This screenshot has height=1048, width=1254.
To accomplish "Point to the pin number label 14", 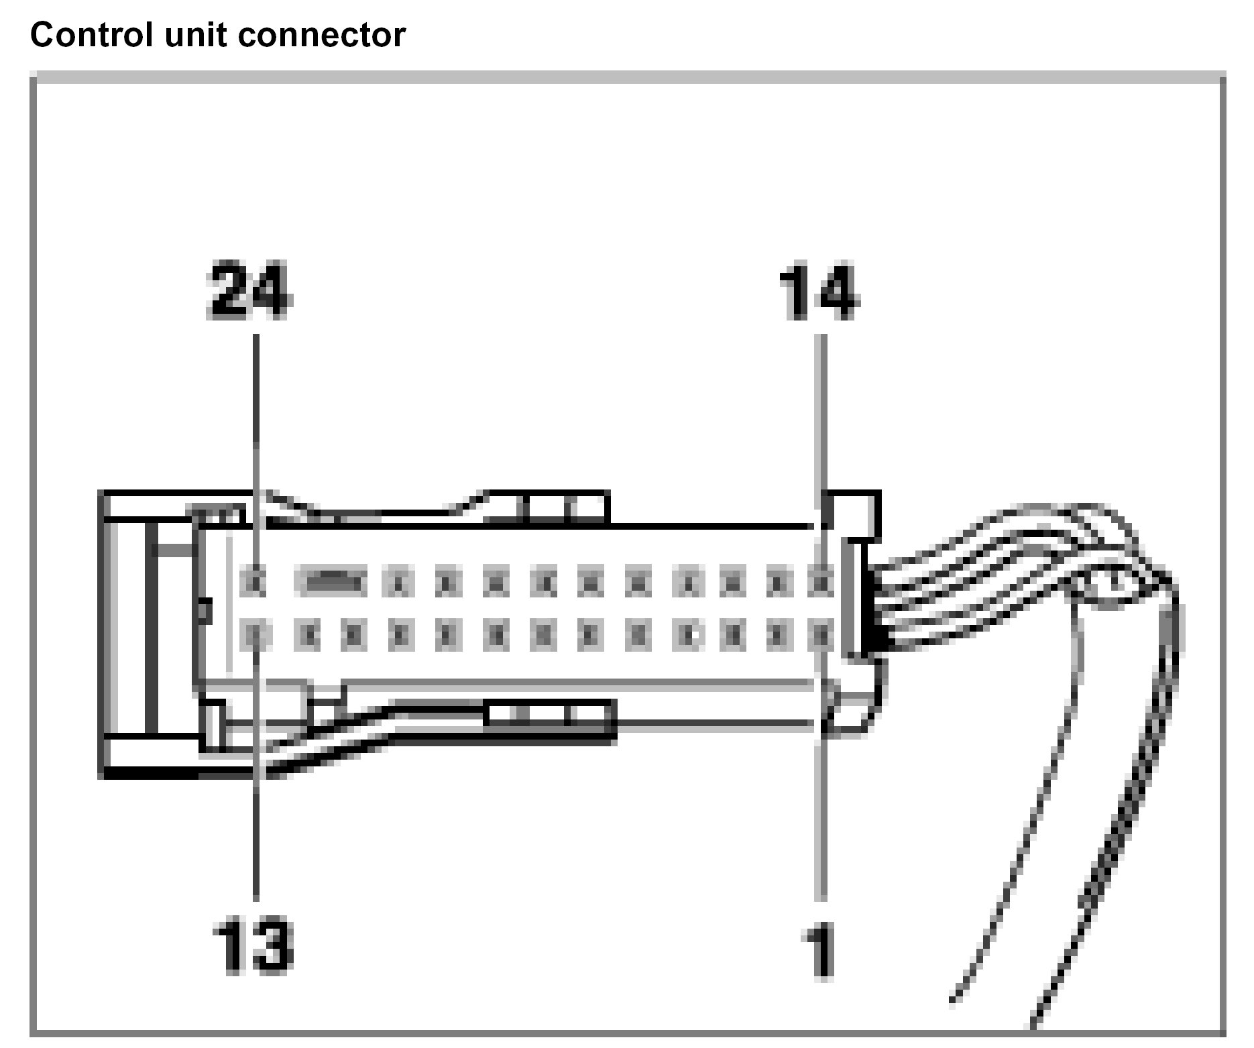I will [x=819, y=292].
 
